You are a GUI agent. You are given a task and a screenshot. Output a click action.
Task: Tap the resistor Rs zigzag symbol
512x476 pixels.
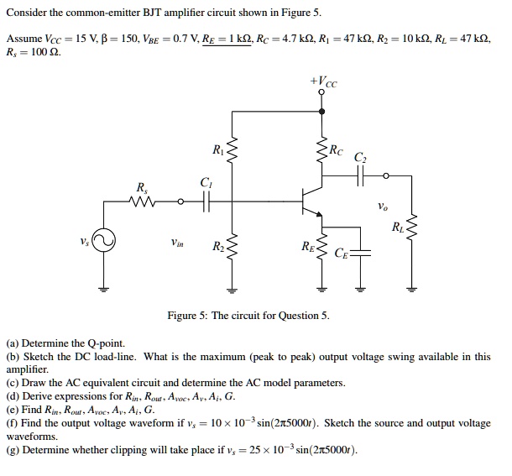pyautogui.click(x=142, y=201)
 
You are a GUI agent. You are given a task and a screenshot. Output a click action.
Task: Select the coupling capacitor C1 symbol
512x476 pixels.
pyautogui.click(x=205, y=201)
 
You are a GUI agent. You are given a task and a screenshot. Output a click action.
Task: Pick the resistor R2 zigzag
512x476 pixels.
pyautogui.click(x=231, y=248)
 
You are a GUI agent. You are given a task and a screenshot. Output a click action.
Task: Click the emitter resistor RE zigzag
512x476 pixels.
pyautogui.click(x=321, y=248)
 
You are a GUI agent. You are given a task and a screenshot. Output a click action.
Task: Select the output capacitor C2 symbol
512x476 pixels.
pyautogui.click(x=361, y=176)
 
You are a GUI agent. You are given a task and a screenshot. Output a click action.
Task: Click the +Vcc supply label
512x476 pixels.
pyautogui.click(x=323, y=81)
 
